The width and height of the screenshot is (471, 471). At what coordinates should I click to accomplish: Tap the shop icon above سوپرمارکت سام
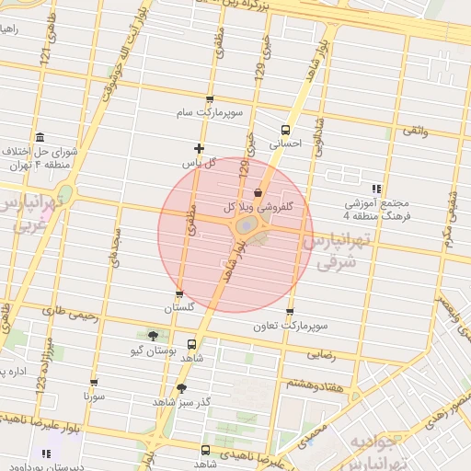[x=210, y=98]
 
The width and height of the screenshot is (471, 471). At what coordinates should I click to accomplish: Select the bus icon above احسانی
[x=285, y=130]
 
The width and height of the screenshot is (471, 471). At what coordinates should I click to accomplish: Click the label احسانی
[x=284, y=144]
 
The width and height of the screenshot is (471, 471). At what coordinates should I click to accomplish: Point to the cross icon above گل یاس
[x=199, y=148]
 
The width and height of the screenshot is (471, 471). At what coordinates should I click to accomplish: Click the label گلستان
[x=178, y=308]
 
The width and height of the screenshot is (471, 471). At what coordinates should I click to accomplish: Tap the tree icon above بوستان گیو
[x=152, y=336]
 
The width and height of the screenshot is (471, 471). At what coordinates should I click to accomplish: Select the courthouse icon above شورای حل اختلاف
[x=40, y=136]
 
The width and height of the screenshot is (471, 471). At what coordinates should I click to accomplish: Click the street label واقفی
[x=414, y=132]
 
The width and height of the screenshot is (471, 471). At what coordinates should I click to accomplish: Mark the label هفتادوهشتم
[x=315, y=383]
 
